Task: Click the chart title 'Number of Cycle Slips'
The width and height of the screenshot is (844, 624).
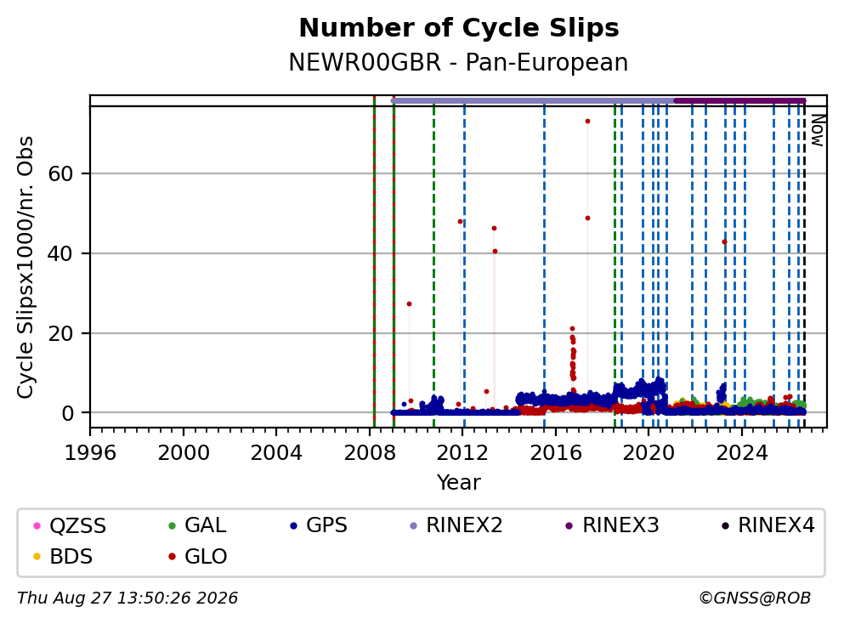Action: pyautogui.click(x=459, y=28)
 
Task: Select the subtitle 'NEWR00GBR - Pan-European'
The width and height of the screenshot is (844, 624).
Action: pyautogui.click(x=459, y=62)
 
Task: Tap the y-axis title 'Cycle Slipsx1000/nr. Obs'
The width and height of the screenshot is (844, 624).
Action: pyautogui.click(x=25, y=268)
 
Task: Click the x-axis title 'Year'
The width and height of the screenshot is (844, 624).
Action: pyautogui.click(x=459, y=482)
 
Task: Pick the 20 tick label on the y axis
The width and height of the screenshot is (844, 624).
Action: pyautogui.click(x=60, y=334)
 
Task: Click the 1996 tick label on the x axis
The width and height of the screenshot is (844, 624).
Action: pyautogui.click(x=90, y=453)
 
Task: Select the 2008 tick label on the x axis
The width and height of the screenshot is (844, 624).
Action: pyautogui.click(x=370, y=453)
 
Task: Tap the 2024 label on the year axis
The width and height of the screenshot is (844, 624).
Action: pyautogui.click(x=742, y=453)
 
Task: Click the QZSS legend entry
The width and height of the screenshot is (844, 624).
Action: pyautogui.click(x=70, y=525)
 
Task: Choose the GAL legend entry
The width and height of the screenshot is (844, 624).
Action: pyautogui.click(x=197, y=525)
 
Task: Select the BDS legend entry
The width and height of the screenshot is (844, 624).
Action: pyautogui.click(x=63, y=557)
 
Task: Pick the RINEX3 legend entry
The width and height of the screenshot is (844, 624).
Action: pyautogui.click(x=613, y=525)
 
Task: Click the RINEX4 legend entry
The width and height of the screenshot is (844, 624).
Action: pyautogui.click(x=768, y=525)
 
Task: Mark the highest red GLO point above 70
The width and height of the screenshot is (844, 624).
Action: pyautogui.click(x=588, y=121)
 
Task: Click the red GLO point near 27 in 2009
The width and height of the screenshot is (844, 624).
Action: pyautogui.click(x=409, y=304)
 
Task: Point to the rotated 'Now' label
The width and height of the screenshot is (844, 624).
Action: pyautogui.click(x=819, y=130)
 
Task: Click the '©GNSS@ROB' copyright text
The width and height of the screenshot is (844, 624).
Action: pyautogui.click(x=755, y=598)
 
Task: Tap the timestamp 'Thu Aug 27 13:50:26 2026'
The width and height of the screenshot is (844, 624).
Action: pyautogui.click(x=127, y=598)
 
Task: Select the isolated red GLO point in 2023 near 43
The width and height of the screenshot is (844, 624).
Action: pyautogui.click(x=724, y=242)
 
